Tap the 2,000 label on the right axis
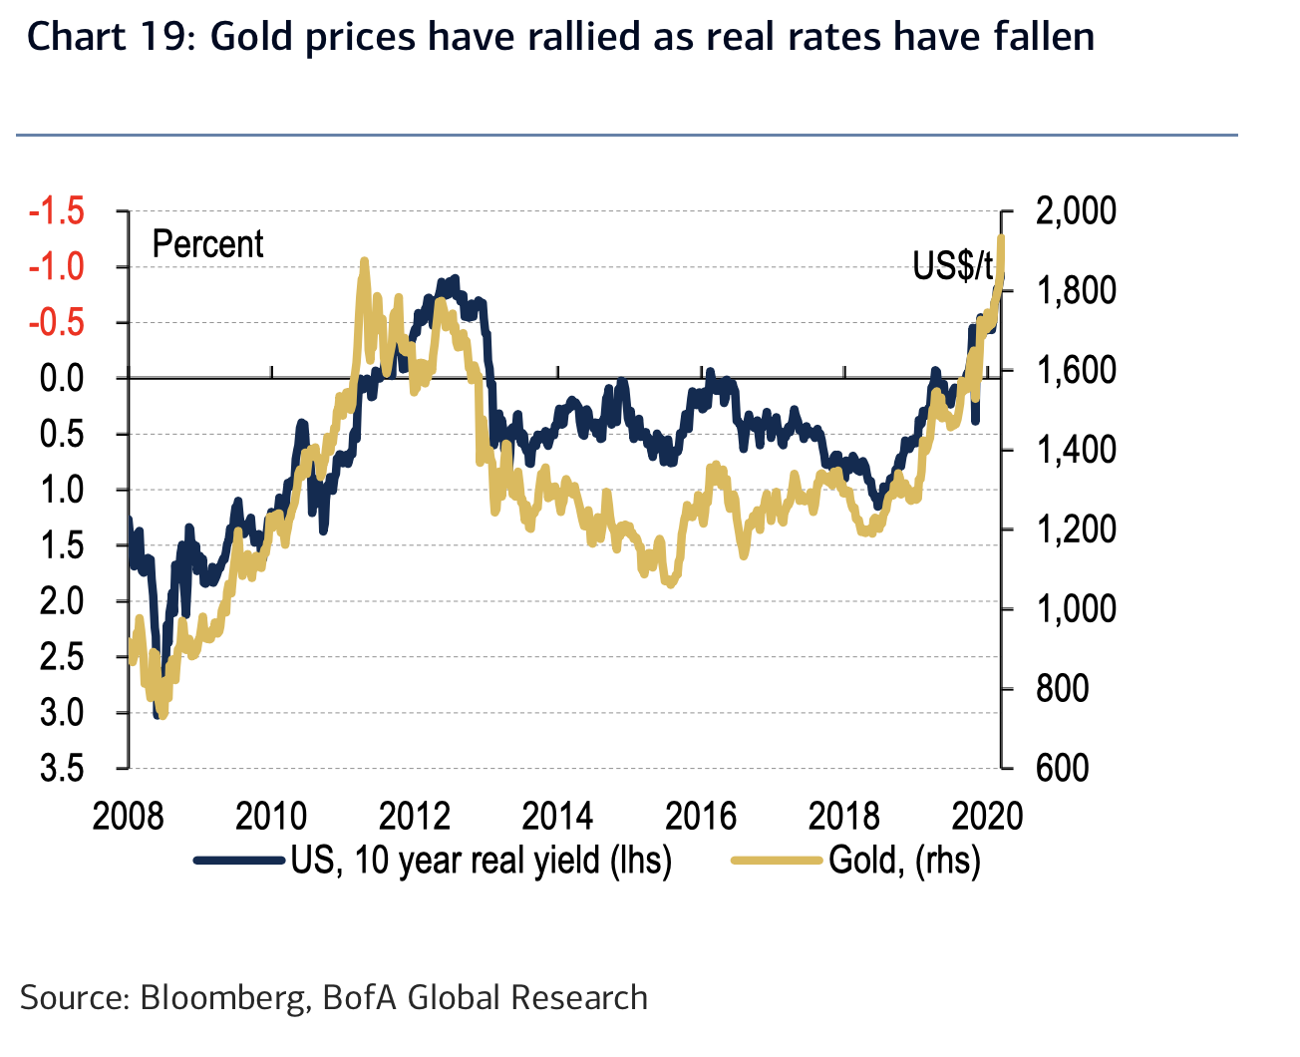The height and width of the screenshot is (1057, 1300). (x=1076, y=211)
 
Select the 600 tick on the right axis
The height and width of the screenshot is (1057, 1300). (x=1062, y=769)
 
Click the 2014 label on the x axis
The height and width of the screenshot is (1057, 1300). (x=557, y=816)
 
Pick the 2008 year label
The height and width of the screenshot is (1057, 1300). (x=128, y=816)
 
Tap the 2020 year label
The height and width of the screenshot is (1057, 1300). (x=987, y=816)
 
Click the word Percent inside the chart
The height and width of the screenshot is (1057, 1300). (x=207, y=244)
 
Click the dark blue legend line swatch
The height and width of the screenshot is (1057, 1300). (x=239, y=860)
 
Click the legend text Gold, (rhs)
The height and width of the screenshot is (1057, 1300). (x=904, y=860)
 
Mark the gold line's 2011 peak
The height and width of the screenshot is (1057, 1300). (x=364, y=261)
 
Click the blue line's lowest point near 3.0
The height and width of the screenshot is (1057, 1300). (x=157, y=713)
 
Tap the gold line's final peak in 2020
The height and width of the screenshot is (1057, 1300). (x=1000, y=237)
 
